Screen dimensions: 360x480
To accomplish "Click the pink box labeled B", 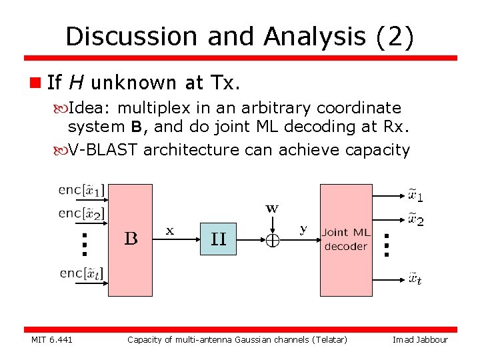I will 130,239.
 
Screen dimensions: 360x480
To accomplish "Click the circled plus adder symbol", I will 272,241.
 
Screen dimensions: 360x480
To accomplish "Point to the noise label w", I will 272,208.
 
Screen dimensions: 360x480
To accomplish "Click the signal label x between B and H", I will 170,231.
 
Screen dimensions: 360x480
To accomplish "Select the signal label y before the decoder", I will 303,229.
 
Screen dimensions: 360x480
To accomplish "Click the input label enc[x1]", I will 81,190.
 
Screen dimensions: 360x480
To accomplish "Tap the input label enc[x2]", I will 81,214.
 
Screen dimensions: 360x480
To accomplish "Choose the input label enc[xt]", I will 81,273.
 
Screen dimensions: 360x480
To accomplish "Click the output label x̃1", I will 415,196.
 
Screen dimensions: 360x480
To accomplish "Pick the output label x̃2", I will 415,219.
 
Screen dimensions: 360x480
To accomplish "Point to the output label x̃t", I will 415,279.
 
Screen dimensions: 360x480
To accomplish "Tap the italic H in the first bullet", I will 76,83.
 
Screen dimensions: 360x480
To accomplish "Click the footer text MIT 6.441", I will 52,340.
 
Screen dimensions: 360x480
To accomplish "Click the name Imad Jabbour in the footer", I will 420,340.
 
